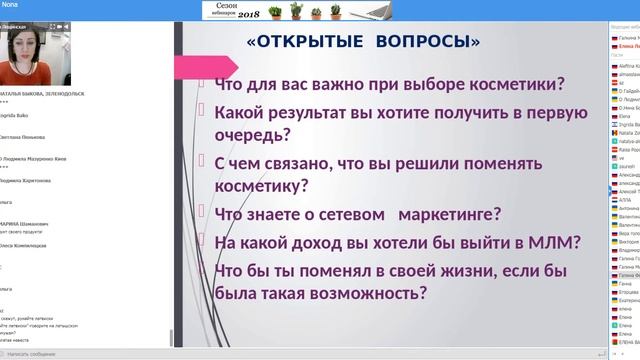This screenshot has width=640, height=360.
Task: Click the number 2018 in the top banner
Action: pos(351,15)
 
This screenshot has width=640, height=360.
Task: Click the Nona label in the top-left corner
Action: pos(9,4)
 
